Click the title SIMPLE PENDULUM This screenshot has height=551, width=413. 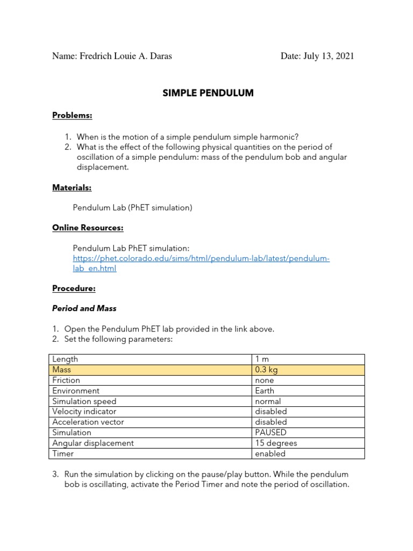pos(208,93)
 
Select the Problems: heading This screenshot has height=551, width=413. pos(72,115)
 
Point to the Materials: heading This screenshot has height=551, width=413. pos(72,187)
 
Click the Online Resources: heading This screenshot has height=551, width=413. pos(88,228)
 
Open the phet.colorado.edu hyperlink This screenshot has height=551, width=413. pos(201,259)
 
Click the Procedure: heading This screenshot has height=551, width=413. pos(74,288)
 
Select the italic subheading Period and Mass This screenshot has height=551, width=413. pos(84,308)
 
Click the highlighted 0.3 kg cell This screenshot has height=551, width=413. pos(267,370)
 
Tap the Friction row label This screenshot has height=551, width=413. pos(66,380)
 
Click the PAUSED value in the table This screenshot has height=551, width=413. pos(271,433)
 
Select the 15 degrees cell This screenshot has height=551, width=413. pos(276,443)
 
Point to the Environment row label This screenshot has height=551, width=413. pos(76,391)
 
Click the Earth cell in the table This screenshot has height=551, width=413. pos(265,391)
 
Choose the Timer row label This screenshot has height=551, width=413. pos(63,454)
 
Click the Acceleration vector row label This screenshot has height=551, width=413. pos(86,422)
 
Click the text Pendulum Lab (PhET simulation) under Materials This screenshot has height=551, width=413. pos(132,207)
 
